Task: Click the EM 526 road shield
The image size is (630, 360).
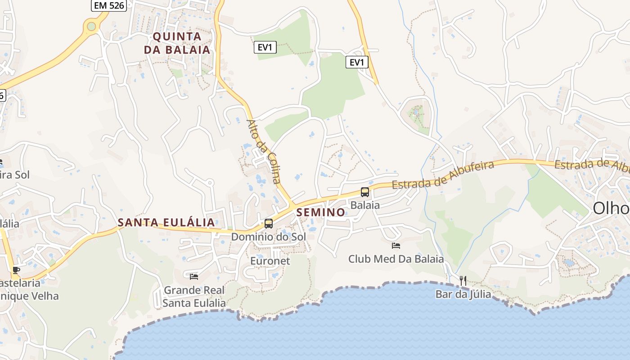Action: click(108, 5)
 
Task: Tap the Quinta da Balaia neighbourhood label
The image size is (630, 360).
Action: click(177, 43)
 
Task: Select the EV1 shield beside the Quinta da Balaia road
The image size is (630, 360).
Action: click(265, 47)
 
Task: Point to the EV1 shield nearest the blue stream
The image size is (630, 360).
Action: click(357, 62)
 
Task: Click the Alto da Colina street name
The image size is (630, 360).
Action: click(263, 151)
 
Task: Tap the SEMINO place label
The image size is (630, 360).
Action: click(320, 212)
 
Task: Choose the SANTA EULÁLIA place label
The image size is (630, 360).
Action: click(166, 222)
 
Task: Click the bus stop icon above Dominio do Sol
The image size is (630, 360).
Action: click(269, 223)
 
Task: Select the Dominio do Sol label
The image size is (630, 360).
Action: click(268, 237)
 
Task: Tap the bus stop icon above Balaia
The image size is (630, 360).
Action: click(365, 192)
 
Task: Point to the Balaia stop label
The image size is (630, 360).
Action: click(365, 206)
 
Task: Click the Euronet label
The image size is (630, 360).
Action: click(270, 261)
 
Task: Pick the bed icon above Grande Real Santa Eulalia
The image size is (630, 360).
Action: click(194, 276)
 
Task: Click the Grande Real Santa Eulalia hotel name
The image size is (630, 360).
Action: click(194, 297)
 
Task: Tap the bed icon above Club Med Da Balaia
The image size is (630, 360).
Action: click(396, 246)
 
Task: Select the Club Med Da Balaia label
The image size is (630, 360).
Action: click(396, 259)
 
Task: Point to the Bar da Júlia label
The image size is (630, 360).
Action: click(463, 295)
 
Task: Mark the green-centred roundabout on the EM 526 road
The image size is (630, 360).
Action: click(91, 26)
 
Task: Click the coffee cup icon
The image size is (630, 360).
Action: click(16, 270)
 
